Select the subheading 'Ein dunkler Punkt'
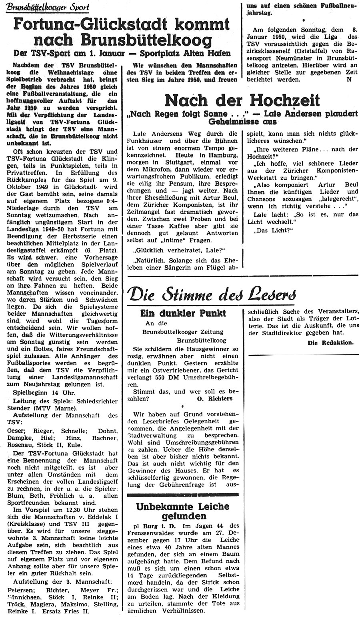[x=183, y=313]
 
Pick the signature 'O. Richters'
[x=215, y=398]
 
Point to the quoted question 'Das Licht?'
[x=266, y=231]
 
